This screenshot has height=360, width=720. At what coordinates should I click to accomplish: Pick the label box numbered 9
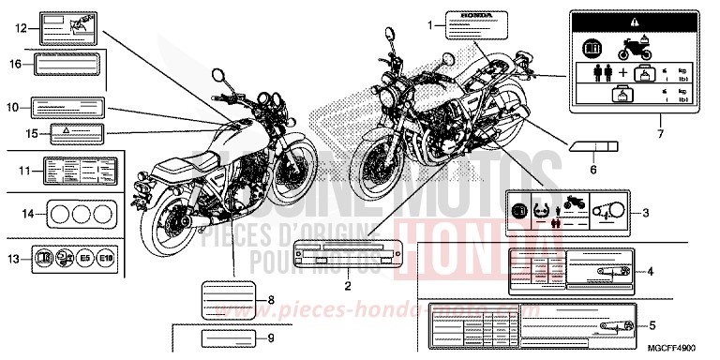coord(223,337)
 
